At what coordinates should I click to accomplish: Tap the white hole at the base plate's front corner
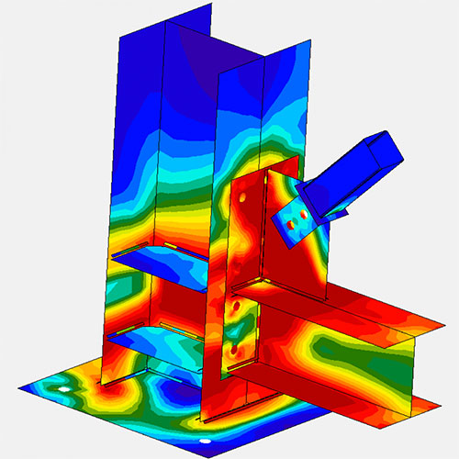tap(207, 442)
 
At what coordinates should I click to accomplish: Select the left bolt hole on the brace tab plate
tap(291, 221)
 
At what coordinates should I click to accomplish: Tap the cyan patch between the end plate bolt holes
tap(236, 325)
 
